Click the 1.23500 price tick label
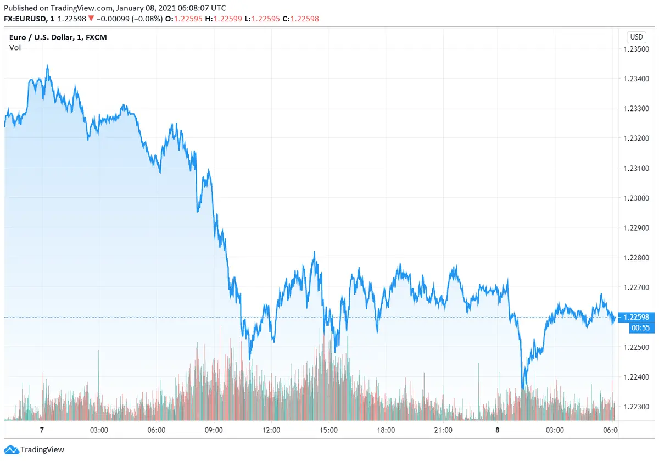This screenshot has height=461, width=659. tap(636, 49)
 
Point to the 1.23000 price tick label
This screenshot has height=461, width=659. tap(636, 198)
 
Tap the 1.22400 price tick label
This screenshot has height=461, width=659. tap(636, 377)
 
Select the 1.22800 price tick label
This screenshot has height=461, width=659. tap(636, 258)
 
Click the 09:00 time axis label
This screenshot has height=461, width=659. tap(214, 430)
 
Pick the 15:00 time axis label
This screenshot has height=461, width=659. tap(328, 430)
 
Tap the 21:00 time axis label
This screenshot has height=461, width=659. tap(443, 430)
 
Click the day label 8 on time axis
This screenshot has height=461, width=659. tap(498, 430)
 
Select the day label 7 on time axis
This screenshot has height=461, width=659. tap(42, 430)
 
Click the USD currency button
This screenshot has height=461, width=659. tap(636, 37)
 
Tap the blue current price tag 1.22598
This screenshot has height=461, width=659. tap(636, 317)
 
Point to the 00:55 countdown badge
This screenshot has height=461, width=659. tap(636, 328)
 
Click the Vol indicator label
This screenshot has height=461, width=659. tap(15, 48)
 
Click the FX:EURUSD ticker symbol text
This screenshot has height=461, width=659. tap(26, 19)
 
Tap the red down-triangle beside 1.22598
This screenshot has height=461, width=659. tap(91, 19)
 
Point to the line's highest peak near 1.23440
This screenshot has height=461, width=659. tap(47, 66)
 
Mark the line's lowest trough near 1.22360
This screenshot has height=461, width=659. tap(523, 388)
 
